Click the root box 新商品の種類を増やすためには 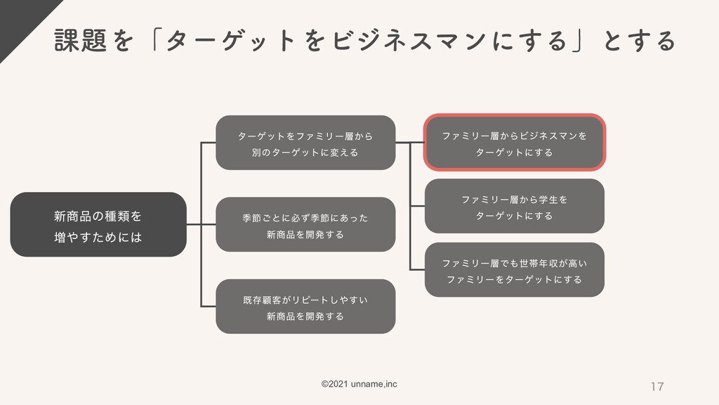[x=98, y=224]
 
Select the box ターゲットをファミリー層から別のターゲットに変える [x=305, y=143]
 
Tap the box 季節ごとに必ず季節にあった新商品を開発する [x=305, y=225]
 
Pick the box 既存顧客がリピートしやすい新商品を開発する [x=305, y=307]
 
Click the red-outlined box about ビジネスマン [x=514, y=143]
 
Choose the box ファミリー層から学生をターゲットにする [x=514, y=206]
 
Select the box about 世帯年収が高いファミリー [x=514, y=270]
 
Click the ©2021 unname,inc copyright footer [x=359, y=383]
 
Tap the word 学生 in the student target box [x=547, y=199]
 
